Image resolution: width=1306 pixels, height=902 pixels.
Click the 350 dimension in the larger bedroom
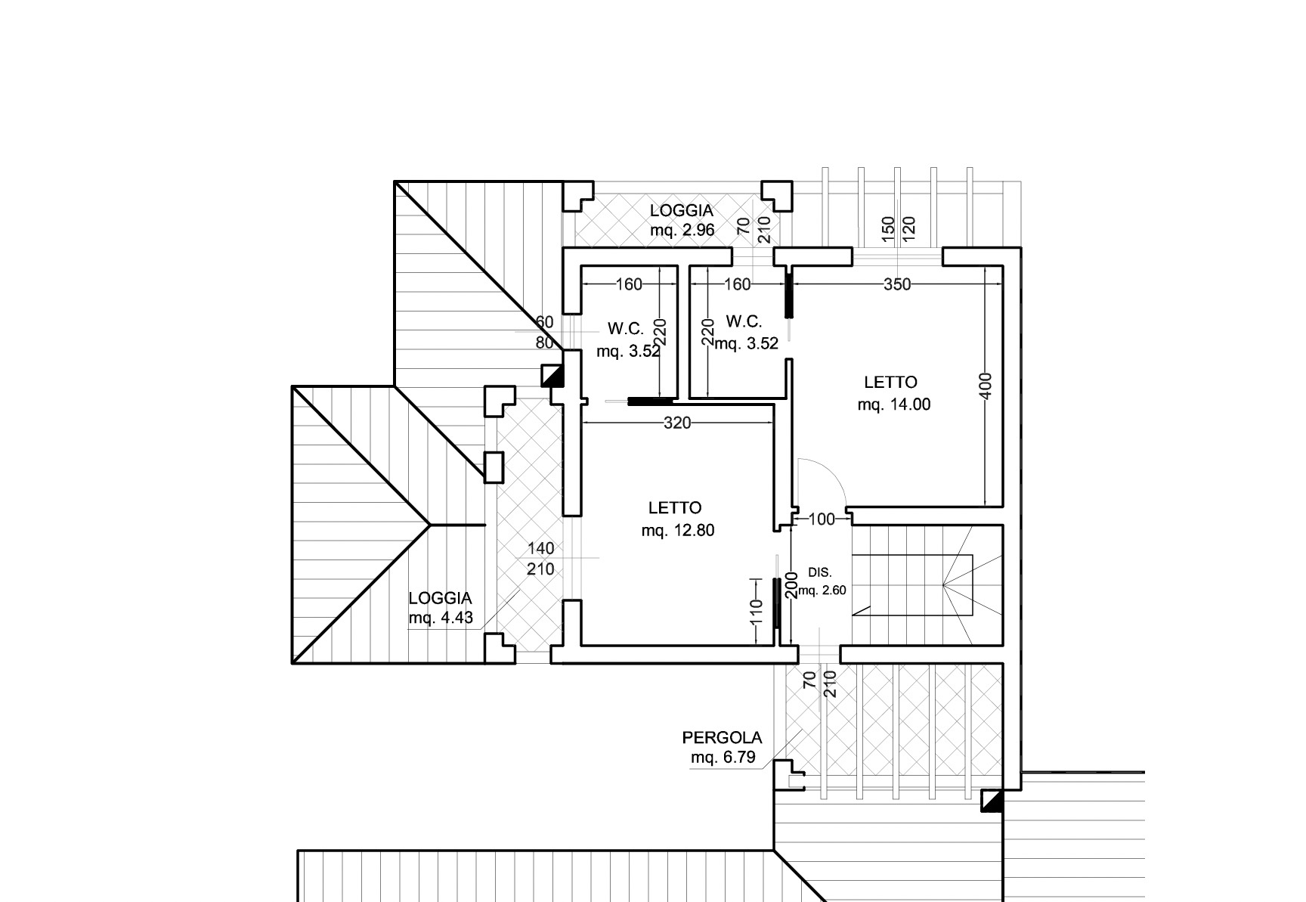(896, 284)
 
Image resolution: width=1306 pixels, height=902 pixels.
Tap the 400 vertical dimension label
(985, 386)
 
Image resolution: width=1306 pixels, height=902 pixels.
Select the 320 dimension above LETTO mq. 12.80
(676, 423)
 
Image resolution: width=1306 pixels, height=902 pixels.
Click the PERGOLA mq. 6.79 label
(723, 747)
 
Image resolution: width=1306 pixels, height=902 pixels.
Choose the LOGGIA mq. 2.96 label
(682, 220)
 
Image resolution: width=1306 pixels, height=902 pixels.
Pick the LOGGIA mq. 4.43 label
(441, 608)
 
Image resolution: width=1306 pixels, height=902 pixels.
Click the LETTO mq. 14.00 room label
(893, 393)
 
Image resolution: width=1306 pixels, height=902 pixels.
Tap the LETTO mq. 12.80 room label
(677, 519)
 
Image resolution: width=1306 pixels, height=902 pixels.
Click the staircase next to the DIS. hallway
(927, 585)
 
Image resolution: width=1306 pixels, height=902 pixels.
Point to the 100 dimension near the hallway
(822, 519)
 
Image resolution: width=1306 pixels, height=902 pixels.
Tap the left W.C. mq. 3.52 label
(627, 340)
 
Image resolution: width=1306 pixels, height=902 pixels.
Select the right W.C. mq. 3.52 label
(746, 333)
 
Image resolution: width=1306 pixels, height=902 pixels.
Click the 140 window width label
(541, 548)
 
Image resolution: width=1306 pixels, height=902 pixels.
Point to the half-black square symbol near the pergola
(992, 801)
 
